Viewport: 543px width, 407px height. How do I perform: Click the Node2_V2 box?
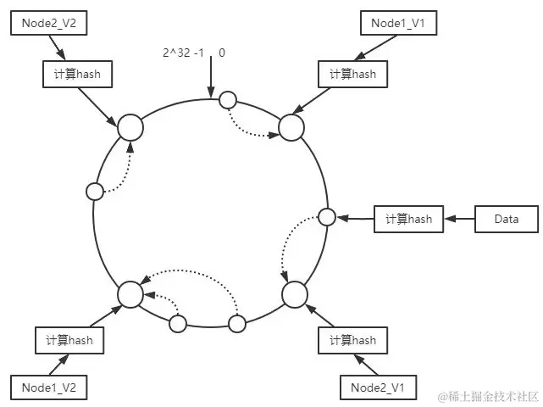click(49, 23)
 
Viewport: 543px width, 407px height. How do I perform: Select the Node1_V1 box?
click(399, 23)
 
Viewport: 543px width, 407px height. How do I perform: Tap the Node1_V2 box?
click(49, 387)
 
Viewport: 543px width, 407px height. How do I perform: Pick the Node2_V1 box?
click(379, 387)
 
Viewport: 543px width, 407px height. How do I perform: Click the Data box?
click(507, 219)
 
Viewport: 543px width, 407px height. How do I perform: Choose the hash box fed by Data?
click(408, 219)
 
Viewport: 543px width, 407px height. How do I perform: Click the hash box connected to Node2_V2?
click(78, 74)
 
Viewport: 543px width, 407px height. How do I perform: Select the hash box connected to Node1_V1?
click(353, 74)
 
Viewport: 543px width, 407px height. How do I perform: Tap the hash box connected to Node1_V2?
click(69, 340)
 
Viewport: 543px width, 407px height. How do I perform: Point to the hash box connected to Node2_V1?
click(353, 340)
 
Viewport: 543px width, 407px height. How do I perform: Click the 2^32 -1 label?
click(183, 53)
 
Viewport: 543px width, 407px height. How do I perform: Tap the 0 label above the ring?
click(222, 53)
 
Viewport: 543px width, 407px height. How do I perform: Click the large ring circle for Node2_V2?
click(130, 127)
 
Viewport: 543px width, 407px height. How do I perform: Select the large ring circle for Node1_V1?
click(291, 127)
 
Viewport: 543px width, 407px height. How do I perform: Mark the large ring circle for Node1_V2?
click(130, 295)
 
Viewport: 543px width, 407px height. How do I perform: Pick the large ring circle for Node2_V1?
click(295, 295)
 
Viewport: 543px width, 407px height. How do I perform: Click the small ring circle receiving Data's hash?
click(326, 217)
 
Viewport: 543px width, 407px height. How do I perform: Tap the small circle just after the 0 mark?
click(228, 100)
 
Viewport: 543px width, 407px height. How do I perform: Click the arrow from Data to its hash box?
click(459, 219)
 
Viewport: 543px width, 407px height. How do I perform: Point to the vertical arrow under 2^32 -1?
click(211, 77)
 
